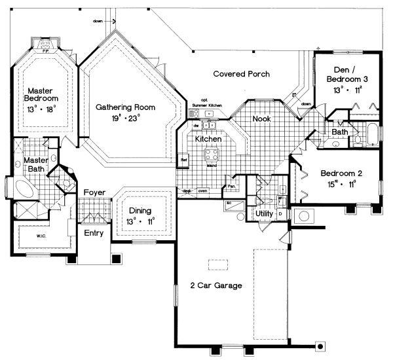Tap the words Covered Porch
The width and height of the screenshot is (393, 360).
[x=242, y=74]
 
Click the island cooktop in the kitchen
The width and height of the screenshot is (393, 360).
[x=212, y=155]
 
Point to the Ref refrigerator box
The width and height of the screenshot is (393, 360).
[x=184, y=159]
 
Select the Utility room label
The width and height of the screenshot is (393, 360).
[x=265, y=213]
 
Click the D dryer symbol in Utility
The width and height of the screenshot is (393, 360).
[x=280, y=214]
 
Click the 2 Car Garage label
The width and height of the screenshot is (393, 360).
[x=216, y=285]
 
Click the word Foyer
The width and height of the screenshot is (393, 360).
[x=95, y=192]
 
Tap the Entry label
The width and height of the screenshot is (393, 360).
[x=92, y=232]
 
